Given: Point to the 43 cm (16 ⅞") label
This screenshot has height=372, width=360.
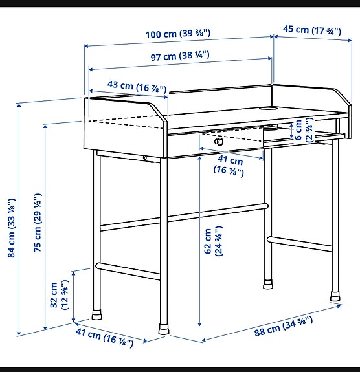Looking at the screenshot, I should click(x=128, y=86).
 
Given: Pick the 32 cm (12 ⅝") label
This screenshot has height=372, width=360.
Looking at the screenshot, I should click(x=58, y=295).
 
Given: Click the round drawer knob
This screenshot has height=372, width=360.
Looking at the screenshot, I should click(x=219, y=141).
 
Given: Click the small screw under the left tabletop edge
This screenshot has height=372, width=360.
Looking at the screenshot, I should click(x=145, y=158).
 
